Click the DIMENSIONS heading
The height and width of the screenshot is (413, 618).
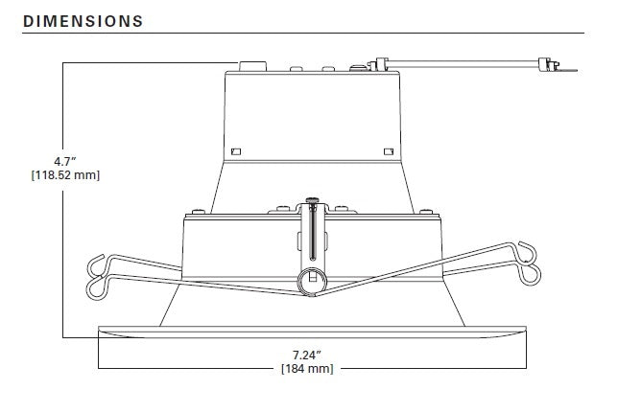(x=83, y=20)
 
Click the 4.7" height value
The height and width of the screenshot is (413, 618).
(x=65, y=160)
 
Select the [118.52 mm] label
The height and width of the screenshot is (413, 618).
(x=65, y=175)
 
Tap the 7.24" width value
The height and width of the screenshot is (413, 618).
(x=308, y=354)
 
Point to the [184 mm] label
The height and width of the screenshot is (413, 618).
(x=308, y=369)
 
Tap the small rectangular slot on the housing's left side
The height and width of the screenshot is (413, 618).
(x=235, y=150)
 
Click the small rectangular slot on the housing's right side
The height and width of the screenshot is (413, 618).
(x=388, y=150)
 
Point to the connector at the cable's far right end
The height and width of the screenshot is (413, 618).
(x=550, y=65)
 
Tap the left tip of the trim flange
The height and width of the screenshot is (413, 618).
(x=101, y=331)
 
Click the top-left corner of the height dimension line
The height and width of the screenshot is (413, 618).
(x=64, y=63)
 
